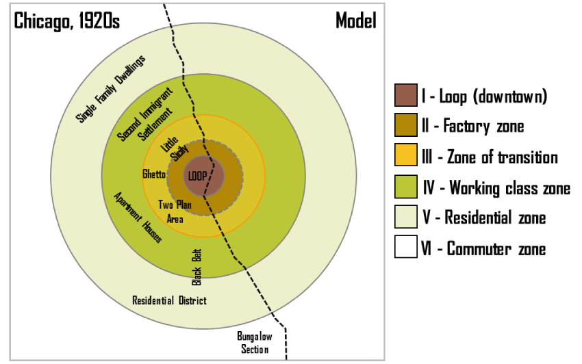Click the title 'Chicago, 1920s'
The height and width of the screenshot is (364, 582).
tap(67, 21)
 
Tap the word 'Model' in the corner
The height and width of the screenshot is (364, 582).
tap(355, 21)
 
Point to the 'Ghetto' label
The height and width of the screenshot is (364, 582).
tap(153, 174)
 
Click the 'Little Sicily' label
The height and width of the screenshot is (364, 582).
tap(174, 149)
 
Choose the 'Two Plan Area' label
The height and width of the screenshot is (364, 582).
tap(175, 211)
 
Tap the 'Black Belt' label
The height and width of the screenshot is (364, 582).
tap(197, 266)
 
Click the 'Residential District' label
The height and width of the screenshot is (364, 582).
tap(169, 300)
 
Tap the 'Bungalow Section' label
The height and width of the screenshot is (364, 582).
tap(254, 343)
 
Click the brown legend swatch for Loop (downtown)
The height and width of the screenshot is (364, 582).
tap(405, 96)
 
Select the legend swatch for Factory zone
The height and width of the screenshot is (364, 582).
tap(405, 127)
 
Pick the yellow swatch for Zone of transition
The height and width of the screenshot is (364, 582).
tap(405, 157)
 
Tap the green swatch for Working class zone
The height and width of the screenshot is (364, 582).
tap(405, 187)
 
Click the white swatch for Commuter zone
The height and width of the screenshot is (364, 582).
tap(405, 247)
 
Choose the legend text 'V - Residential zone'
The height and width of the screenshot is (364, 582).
tap(483, 218)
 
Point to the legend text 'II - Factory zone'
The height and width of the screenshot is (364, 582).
tap(474, 127)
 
